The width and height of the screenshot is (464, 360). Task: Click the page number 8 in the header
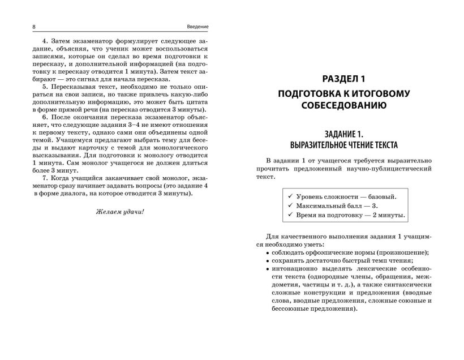point(19,26)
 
